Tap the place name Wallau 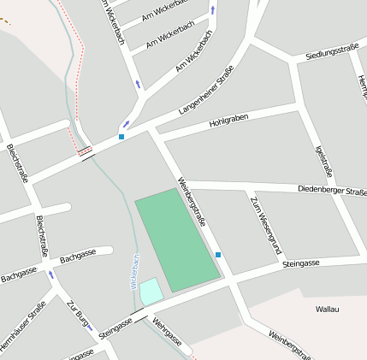pyautogui.click(x=328, y=308)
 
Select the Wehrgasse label pyautogui.click(x=167, y=333)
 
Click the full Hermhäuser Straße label pyautogui.click(x=23, y=326)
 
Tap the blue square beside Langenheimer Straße pyautogui.click(x=121, y=137)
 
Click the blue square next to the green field pyautogui.click(x=218, y=255)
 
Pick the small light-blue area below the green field pyautogui.click(x=151, y=291)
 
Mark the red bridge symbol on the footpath pyautogui.click(x=85, y=152)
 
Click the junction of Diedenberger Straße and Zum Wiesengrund pyautogui.click(x=249, y=187)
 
